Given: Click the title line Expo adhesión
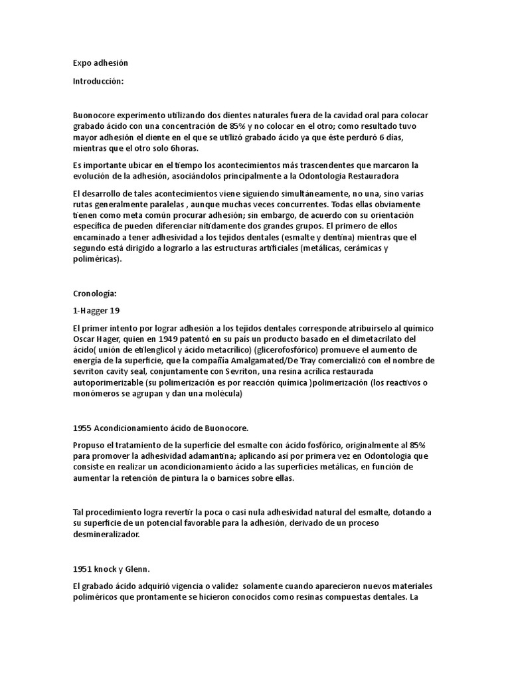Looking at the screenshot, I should point(100,63).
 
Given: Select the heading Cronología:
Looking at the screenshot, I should point(95,293).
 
